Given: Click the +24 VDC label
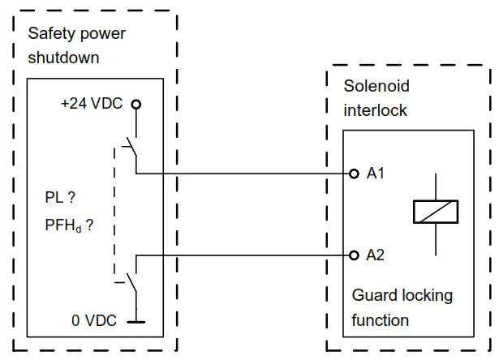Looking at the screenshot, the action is click(92, 103).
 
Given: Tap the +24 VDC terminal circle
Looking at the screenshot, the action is click(136, 105).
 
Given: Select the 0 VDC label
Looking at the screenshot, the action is click(94, 320).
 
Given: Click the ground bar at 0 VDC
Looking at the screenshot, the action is click(136, 322).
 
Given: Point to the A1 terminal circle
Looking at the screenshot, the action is click(354, 174).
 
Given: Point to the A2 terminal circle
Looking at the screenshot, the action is click(354, 255).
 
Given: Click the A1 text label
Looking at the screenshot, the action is click(376, 174).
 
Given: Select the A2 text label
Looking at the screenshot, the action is click(376, 255).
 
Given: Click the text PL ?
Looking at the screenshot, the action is click(60, 198).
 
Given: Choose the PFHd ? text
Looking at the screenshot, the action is click(69, 225).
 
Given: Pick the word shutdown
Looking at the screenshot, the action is click(63, 58).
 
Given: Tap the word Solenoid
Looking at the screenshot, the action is click(376, 86).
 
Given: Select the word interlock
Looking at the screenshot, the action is click(375, 110).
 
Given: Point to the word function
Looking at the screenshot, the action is click(381, 320).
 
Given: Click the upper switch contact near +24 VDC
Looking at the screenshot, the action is click(131, 147).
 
